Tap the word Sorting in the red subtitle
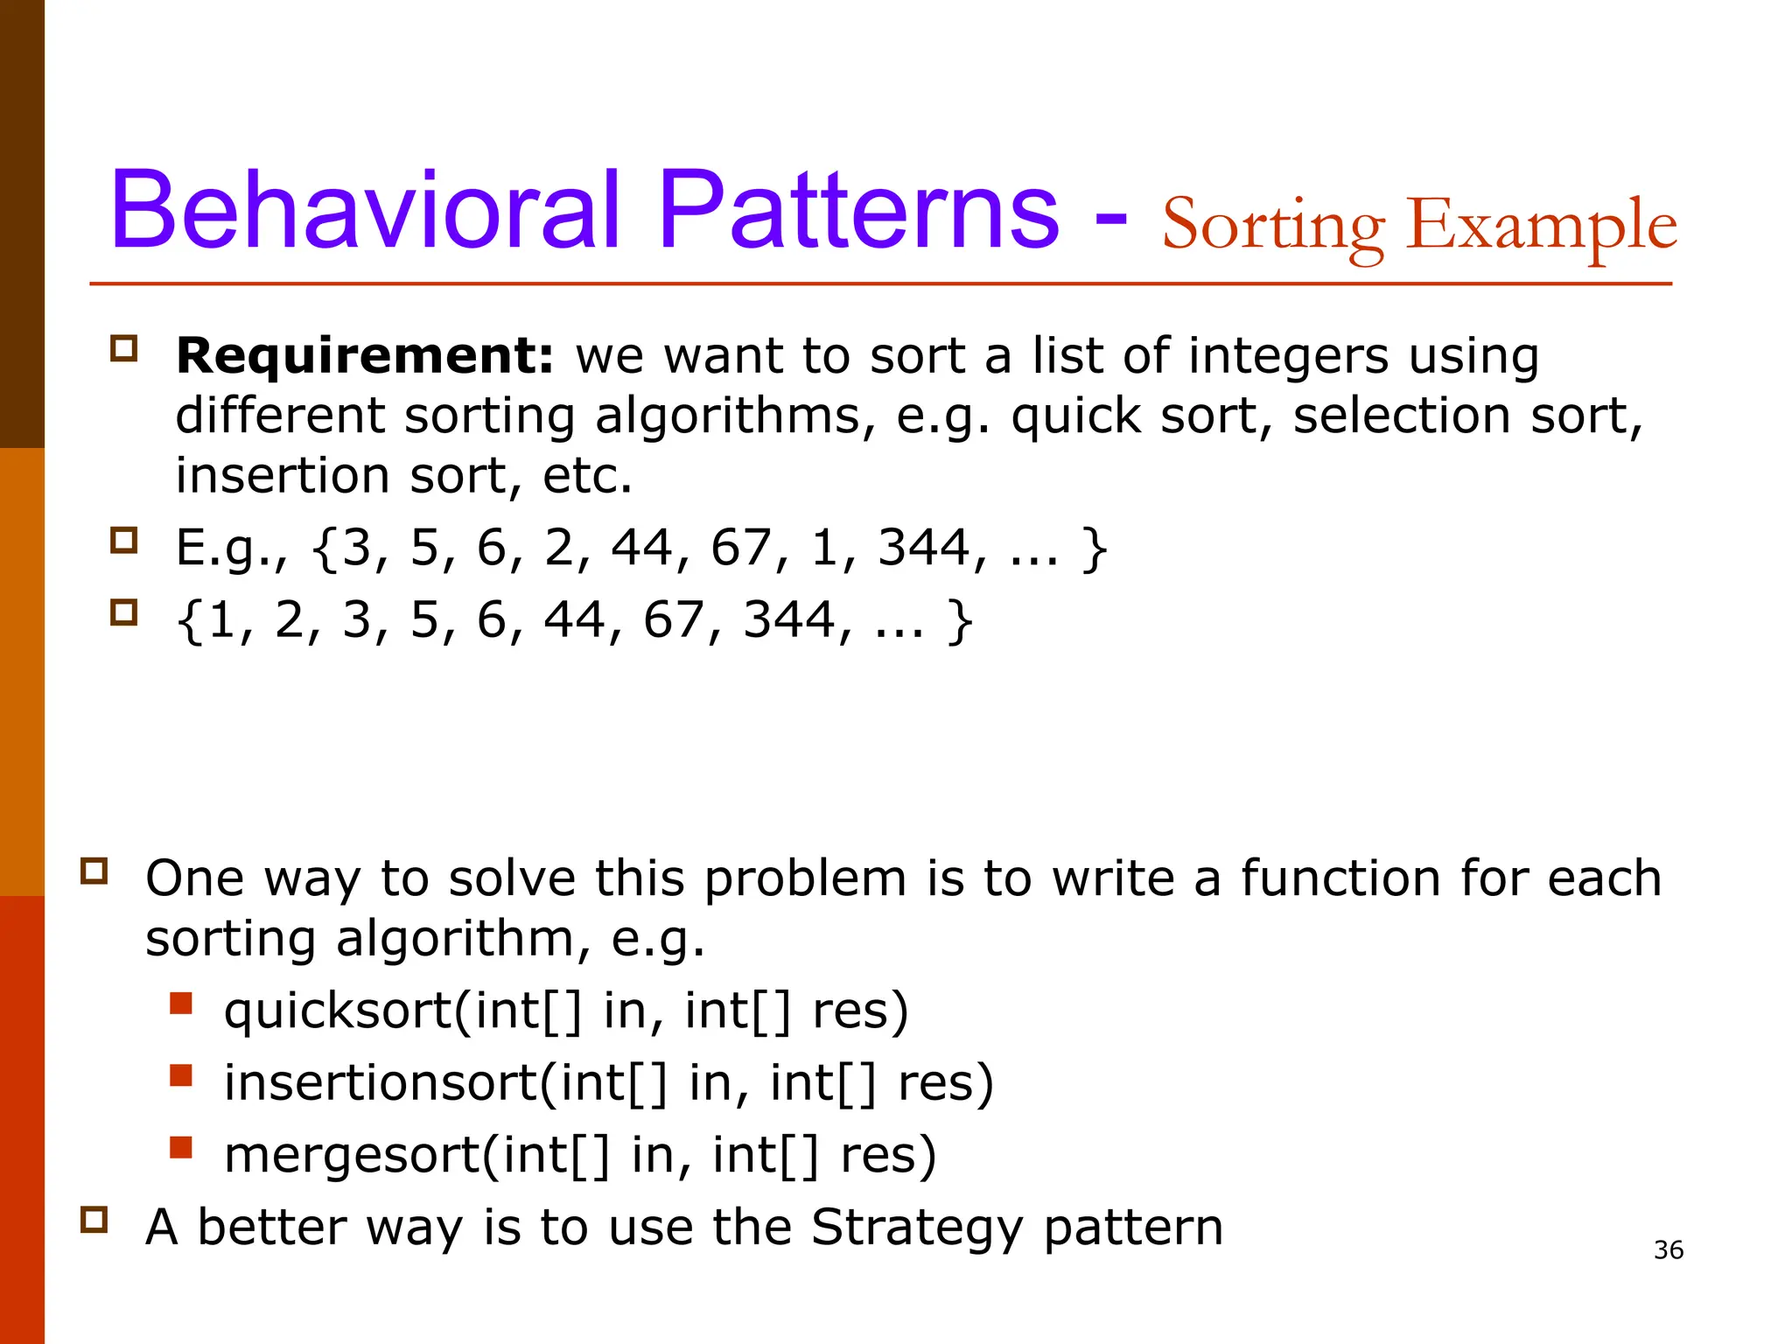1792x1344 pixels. coord(1273,226)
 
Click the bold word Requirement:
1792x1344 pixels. coord(365,356)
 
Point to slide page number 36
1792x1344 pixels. coord(1669,1249)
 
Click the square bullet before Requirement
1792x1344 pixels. coord(124,349)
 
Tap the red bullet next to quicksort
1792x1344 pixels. coord(181,1003)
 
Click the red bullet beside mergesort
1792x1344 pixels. coord(181,1146)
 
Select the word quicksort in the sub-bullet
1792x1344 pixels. coord(337,1011)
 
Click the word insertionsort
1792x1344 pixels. coord(380,1082)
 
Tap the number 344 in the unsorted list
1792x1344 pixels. coord(924,548)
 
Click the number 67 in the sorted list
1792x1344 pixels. coord(673,620)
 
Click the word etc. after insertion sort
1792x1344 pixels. coord(587,476)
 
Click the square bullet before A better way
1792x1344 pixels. coord(94,1220)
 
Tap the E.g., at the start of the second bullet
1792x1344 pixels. coord(230,549)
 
